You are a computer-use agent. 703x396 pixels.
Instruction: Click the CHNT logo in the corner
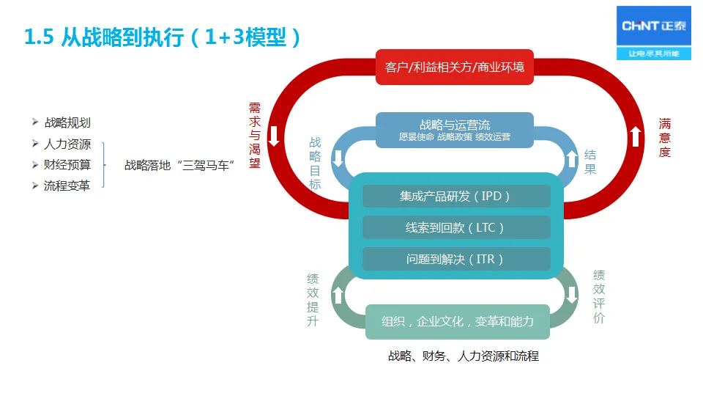click(654, 32)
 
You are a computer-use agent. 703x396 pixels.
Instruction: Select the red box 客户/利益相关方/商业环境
click(455, 67)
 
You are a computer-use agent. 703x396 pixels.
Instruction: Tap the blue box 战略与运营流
click(455, 130)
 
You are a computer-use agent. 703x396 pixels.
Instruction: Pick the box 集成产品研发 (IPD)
click(455, 196)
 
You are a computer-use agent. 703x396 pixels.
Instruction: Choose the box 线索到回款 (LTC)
click(455, 227)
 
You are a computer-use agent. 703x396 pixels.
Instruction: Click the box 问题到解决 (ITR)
click(455, 259)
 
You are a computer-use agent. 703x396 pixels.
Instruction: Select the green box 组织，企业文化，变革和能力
click(458, 321)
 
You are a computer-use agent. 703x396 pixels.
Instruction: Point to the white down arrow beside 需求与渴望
click(274, 136)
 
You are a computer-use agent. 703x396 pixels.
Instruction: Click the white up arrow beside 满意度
click(636, 136)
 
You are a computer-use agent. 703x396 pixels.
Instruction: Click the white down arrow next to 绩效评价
click(572, 296)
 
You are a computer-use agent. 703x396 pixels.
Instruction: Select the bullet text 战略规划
click(67, 122)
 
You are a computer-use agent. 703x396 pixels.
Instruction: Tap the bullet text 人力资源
click(67, 144)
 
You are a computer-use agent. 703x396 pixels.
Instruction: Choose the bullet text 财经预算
click(67, 164)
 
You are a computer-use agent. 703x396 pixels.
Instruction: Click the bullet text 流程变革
click(67, 186)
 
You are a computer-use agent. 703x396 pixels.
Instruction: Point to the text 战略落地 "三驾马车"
click(179, 165)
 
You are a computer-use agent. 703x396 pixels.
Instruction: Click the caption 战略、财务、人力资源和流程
click(463, 356)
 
